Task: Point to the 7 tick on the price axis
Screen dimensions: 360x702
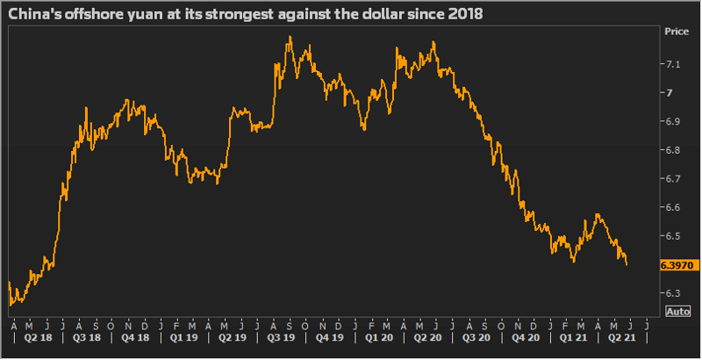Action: (x=670, y=93)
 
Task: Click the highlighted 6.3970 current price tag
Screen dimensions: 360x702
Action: (x=679, y=264)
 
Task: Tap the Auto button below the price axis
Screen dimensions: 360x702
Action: (x=677, y=312)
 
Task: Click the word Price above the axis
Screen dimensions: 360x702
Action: (x=677, y=32)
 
